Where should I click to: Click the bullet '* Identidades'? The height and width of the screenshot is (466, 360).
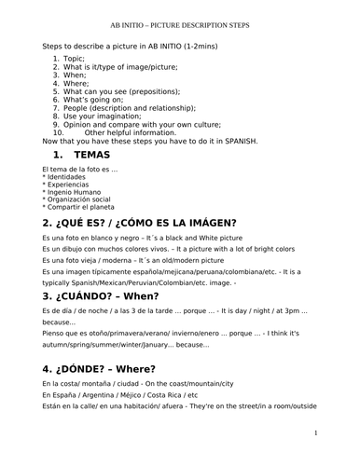click(x=64, y=176)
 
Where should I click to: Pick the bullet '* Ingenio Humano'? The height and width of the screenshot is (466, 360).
click(x=72, y=191)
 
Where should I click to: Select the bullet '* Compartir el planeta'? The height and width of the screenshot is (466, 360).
click(x=80, y=206)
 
